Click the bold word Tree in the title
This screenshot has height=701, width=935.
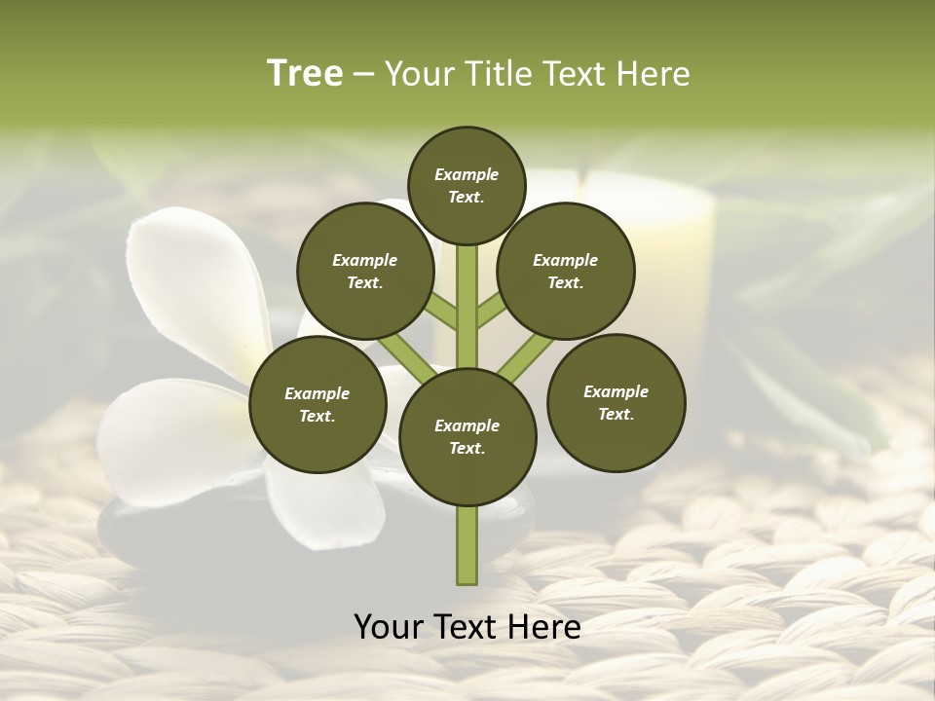tap(305, 73)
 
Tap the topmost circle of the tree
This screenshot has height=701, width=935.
tap(467, 185)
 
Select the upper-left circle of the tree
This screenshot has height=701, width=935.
tap(364, 271)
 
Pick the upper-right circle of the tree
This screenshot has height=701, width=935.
tap(566, 271)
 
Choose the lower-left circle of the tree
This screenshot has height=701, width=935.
tap(318, 404)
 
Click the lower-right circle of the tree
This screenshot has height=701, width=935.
tap(616, 402)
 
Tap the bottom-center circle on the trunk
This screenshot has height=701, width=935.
tap(467, 436)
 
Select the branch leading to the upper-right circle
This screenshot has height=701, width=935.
tap(492, 310)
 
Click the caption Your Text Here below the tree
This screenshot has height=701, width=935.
tap(467, 627)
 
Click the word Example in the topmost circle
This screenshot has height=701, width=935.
tap(467, 175)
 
